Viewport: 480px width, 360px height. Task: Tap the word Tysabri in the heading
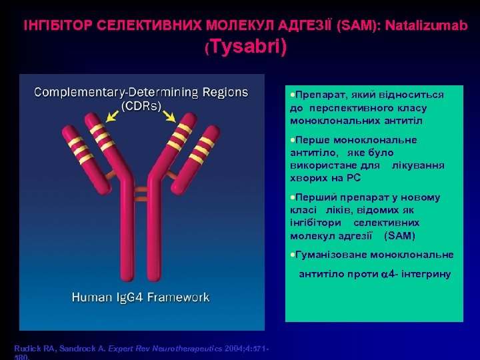(245, 47)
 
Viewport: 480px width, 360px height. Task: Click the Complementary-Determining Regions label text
(141, 92)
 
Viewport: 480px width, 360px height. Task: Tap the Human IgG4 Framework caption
(141, 297)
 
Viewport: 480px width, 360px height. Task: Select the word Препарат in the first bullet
(317, 95)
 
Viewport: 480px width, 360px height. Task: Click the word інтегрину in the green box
(424, 274)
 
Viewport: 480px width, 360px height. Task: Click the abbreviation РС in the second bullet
(353, 178)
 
